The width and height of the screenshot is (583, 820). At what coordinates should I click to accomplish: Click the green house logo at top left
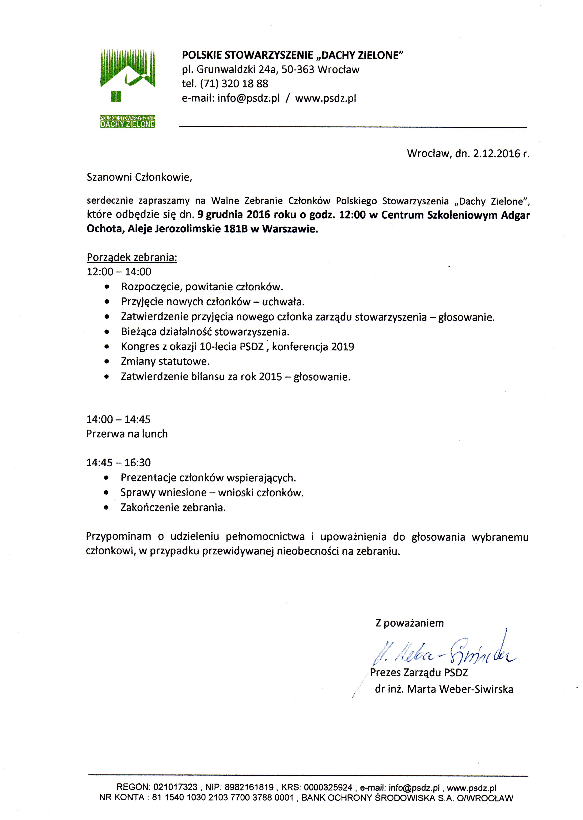click(x=128, y=75)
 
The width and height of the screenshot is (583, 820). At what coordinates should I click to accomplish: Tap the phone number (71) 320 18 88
click(x=234, y=84)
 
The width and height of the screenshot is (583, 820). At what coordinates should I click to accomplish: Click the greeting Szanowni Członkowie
click(x=139, y=177)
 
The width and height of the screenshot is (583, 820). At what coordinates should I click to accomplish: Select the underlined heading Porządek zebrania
click(x=132, y=258)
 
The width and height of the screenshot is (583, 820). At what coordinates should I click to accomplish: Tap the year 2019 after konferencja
click(x=342, y=347)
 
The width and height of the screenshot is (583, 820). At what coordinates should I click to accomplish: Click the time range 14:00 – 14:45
click(x=118, y=419)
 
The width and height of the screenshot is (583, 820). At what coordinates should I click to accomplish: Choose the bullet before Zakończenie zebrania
click(x=106, y=508)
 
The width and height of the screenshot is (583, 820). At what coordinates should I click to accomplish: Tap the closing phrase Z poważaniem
click(x=409, y=623)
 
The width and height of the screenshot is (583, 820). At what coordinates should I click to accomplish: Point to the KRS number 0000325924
click(x=328, y=787)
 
